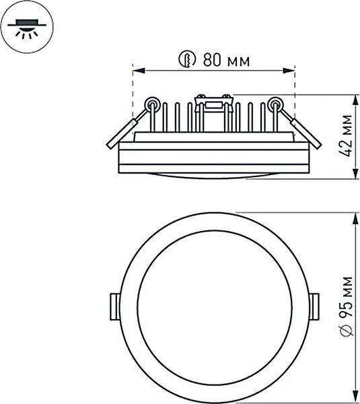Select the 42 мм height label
tap(345, 135)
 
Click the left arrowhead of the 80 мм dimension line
tap(137, 69)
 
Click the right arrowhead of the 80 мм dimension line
tap(291, 69)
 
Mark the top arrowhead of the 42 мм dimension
tap(355, 98)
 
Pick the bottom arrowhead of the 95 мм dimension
tap(355, 399)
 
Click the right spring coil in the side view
tap(275, 104)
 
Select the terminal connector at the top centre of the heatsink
tap(213, 103)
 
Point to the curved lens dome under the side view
tap(213, 175)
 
